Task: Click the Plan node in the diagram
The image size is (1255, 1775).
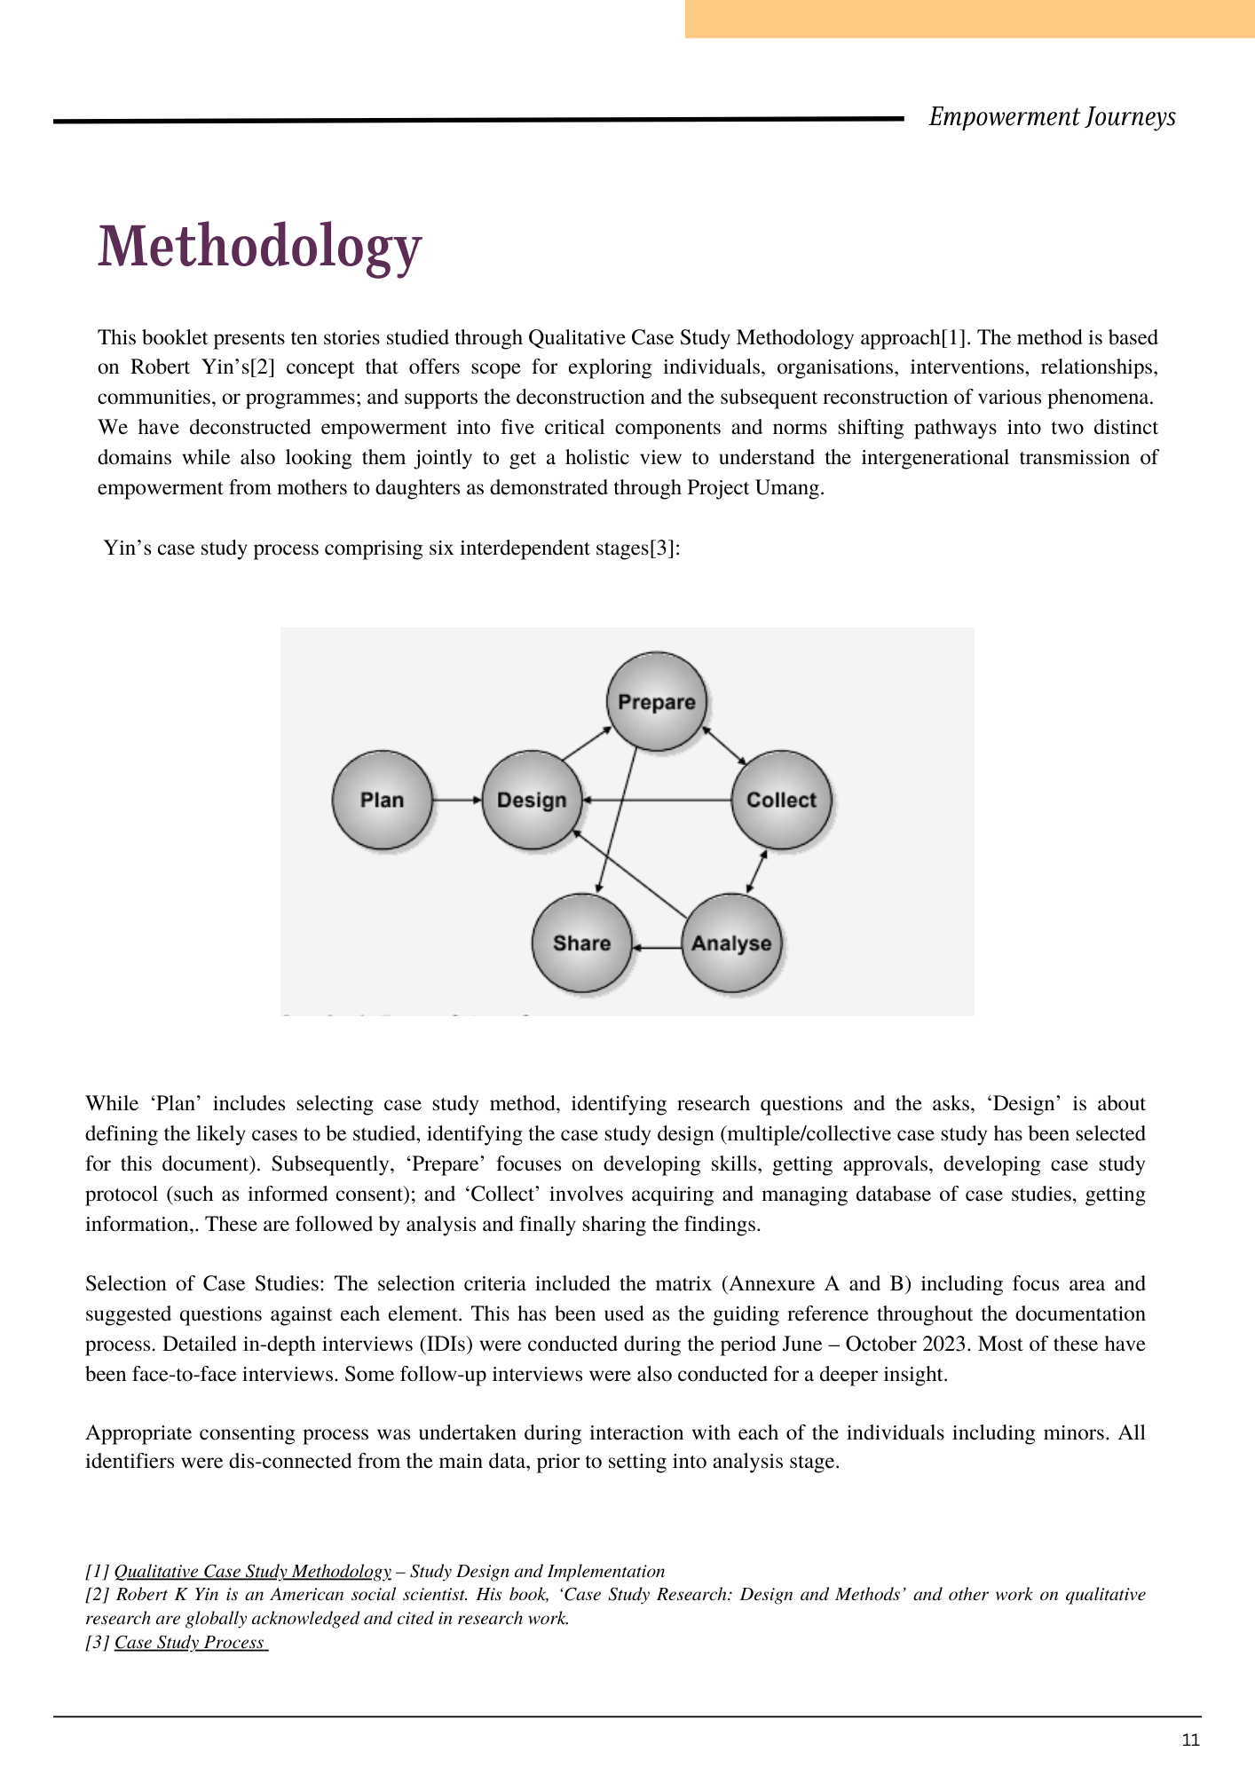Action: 382,800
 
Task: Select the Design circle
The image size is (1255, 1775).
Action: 532,800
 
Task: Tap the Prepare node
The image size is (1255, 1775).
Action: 657,701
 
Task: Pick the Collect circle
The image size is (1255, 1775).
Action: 781,800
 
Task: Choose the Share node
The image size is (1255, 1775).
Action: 581,943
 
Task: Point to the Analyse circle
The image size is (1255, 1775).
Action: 731,943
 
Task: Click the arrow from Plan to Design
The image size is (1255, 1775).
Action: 457,800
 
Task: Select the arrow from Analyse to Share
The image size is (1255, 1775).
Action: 657,948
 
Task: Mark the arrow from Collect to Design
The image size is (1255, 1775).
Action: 657,800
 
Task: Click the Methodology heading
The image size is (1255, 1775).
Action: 259,246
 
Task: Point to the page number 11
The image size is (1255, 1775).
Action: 1190,1739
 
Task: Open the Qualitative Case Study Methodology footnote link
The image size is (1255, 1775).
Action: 253,1572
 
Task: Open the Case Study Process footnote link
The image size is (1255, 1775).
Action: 190,1642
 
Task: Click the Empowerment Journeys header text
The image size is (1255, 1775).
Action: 1052,117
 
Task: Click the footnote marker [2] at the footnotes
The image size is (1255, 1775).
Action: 98,1595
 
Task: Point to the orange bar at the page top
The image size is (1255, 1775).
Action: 969,19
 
